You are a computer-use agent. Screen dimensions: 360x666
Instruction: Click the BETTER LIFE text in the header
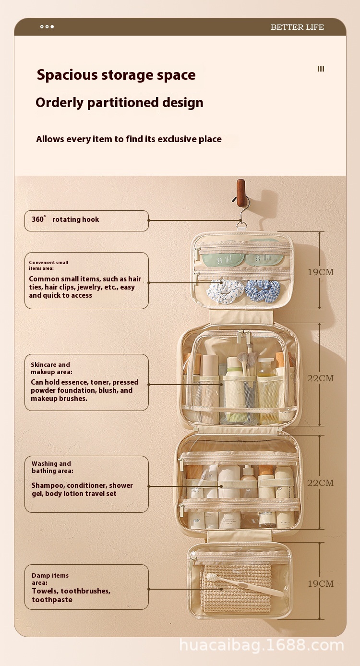pos(297,27)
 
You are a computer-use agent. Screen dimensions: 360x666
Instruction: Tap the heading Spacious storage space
pos(116,75)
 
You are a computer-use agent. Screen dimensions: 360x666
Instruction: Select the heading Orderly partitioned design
pos(120,103)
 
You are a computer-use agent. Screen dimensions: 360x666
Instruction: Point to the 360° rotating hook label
pos(65,219)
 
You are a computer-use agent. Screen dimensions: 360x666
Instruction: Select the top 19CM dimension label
pos(321,272)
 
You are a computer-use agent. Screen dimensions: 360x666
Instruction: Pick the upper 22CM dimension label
pos(321,378)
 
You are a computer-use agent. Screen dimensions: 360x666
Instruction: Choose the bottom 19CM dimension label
pos(321,583)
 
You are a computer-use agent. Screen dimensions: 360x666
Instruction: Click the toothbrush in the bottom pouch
pos(245,584)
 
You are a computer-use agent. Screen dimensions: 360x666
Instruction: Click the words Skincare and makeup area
pos(51,368)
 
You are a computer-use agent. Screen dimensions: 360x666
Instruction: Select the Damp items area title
pos(50,579)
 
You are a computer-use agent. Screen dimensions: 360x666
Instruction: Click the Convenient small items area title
pos(48,265)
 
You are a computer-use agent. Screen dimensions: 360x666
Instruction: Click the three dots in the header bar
pos(47,27)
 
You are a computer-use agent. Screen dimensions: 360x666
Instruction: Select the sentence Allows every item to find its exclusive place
pos(129,139)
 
